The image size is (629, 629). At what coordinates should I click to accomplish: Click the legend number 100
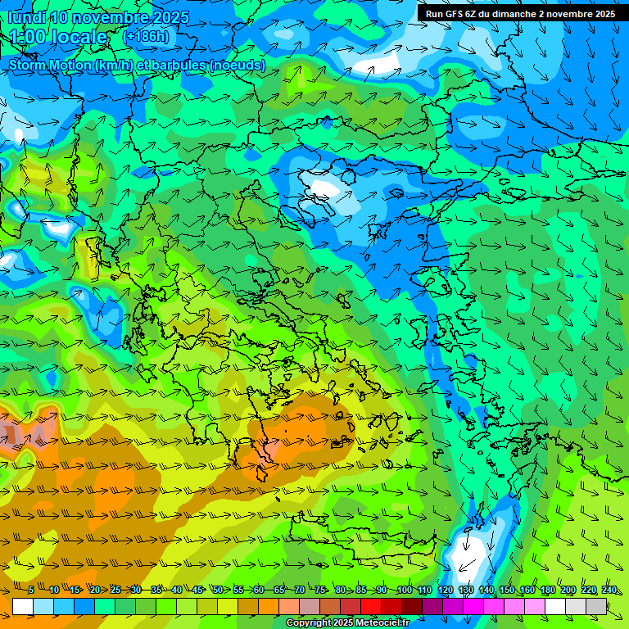point(404,591)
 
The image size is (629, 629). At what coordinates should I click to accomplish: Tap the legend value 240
point(609,591)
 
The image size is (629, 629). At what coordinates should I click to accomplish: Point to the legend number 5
point(31,591)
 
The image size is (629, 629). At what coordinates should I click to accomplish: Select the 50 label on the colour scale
point(218,591)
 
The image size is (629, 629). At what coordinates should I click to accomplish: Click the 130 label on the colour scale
point(465,591)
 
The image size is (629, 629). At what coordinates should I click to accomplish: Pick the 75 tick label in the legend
point(320,591)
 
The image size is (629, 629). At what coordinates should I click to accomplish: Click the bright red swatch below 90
point(371,606)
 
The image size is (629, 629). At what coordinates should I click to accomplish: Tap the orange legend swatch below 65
point(269,606)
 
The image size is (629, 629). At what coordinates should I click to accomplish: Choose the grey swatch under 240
point(596,606)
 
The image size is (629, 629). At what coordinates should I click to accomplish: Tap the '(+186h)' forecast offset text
point(146,37)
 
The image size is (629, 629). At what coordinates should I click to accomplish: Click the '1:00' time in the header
point(28,37)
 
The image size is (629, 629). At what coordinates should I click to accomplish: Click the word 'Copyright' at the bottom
point(309,623)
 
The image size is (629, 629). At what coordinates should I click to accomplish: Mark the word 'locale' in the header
point(81,37)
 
